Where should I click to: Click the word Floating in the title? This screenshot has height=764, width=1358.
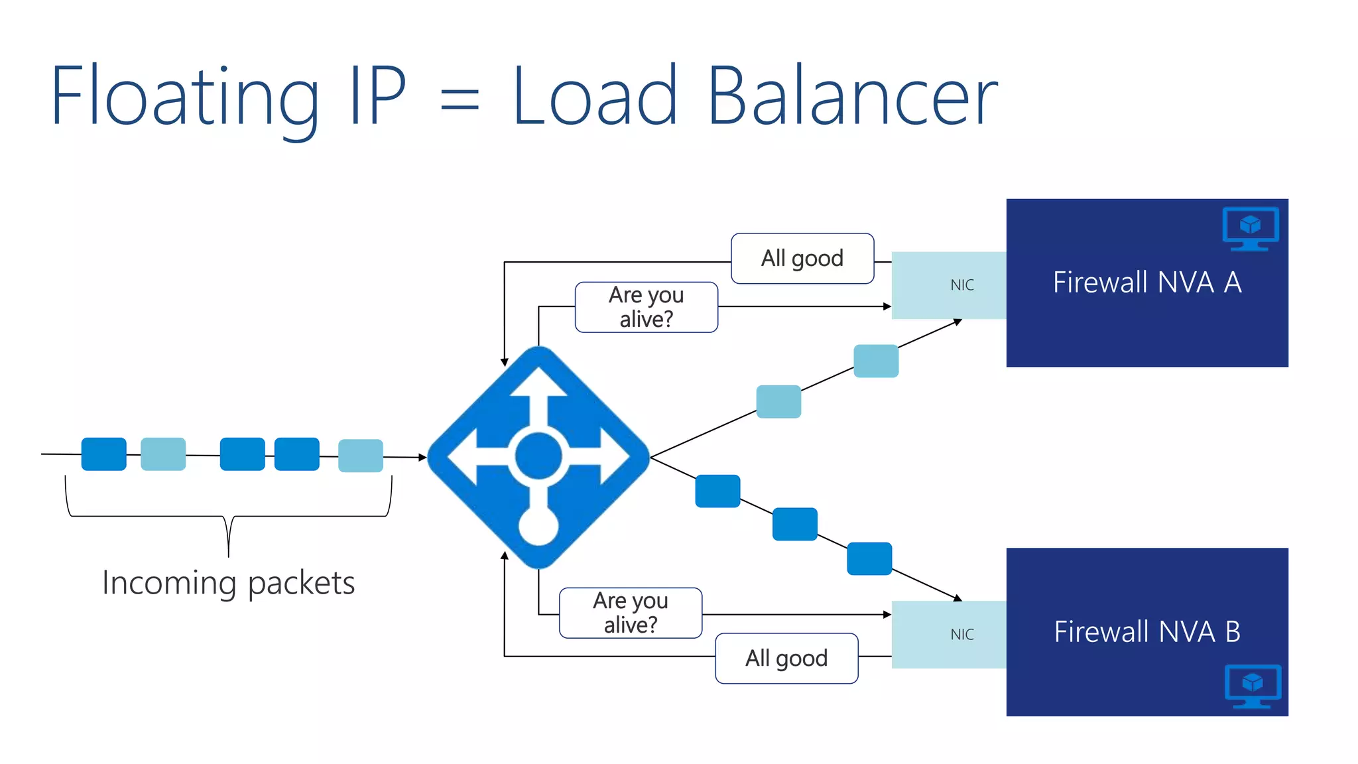tap(184, 96)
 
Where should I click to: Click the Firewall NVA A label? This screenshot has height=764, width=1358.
tap(1146, 283)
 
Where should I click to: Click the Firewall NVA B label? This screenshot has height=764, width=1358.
tap(1146, 631)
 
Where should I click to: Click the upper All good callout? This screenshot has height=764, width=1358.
tap(802, 259)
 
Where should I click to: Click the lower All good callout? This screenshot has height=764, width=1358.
tap(786, 659)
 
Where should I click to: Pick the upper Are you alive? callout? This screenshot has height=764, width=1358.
tap(646, 307)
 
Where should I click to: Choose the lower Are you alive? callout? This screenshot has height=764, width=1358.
tap(630, 613)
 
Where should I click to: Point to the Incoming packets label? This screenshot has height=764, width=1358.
tap(228, 584)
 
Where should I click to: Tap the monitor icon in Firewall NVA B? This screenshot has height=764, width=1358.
tap(1252, 686)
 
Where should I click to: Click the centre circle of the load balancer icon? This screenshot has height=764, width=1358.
tap(538, 456)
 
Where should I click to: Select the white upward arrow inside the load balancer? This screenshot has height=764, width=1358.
tap(538, 398)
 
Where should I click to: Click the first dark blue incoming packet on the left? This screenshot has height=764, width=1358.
tap(103, 454)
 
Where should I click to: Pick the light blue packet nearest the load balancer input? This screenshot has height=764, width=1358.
tap(361, 456)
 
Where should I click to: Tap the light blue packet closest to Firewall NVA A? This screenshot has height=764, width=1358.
tap(876, 361)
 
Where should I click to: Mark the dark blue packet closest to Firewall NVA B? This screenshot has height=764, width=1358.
tap(869, 558)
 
